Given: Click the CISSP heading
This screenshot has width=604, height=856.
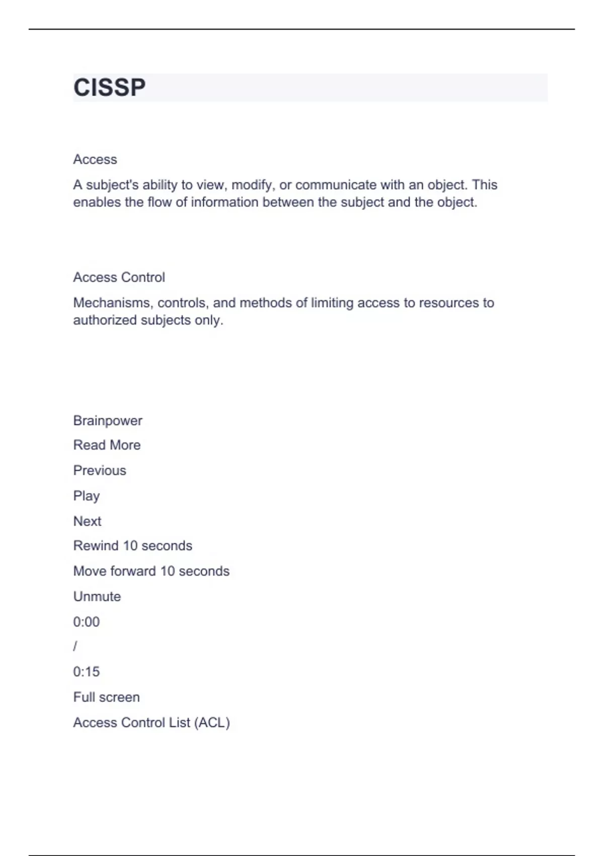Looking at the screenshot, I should click(109, 88).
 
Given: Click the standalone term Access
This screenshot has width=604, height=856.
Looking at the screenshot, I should click(95, 160).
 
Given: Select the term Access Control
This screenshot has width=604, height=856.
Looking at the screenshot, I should click(119, 277).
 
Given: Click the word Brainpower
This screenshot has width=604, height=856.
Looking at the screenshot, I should click(108, 420).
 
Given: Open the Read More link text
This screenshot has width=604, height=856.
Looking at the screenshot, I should click(107, 445).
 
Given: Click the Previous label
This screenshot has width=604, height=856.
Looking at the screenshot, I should click(100, 470).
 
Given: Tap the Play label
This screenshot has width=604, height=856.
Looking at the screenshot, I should click(87, 496).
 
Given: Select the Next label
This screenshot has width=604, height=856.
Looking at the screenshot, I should click(87, 521).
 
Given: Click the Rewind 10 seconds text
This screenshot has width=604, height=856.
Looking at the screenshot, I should click(132, 546).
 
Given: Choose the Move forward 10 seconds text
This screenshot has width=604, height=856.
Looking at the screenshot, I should click(151, 571).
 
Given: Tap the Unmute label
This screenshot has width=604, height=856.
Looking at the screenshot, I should click(97, 597).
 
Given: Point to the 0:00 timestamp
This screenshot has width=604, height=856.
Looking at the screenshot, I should click(87, 622).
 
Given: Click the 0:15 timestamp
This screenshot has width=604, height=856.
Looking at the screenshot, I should click(87, 672).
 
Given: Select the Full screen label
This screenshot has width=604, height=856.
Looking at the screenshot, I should click(106, 697).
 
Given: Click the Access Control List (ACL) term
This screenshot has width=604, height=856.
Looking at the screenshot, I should click(152, 723).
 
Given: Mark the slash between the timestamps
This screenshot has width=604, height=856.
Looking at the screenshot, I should click(75, 647).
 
